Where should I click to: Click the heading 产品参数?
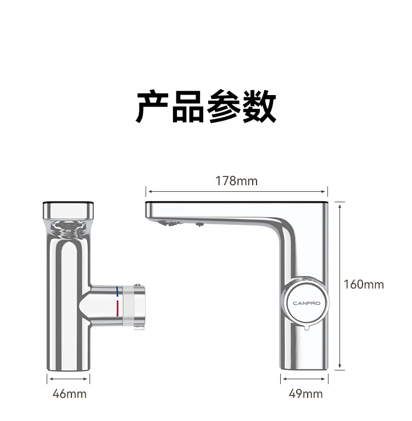(x=206, y=107)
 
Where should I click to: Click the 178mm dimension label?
(x=236, y=181)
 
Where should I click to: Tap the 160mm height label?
(x=364, y=284)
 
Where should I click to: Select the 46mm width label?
(x=69, y=394)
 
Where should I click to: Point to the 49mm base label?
(x=305, y=394)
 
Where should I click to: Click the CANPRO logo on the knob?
(x=305, y=303)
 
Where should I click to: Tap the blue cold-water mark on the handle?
(x=117, y=292)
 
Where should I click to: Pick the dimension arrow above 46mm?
(x=69, y=378)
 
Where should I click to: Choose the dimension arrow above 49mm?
(x=305, y=378)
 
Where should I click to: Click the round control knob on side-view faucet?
(x=305, y=303)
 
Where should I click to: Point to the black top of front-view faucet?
(x=69, y=202)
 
